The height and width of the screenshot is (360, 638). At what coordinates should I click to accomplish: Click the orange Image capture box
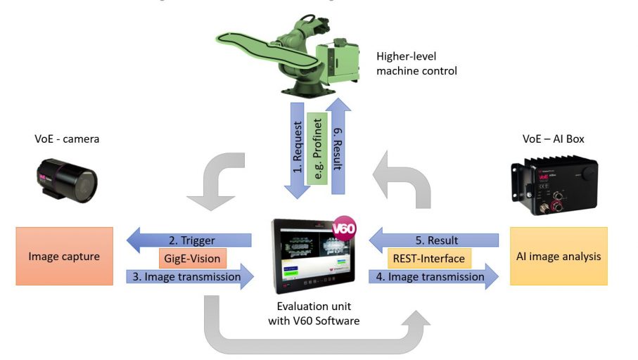point(64,256)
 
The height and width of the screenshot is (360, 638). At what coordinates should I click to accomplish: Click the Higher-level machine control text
point(416,63)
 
